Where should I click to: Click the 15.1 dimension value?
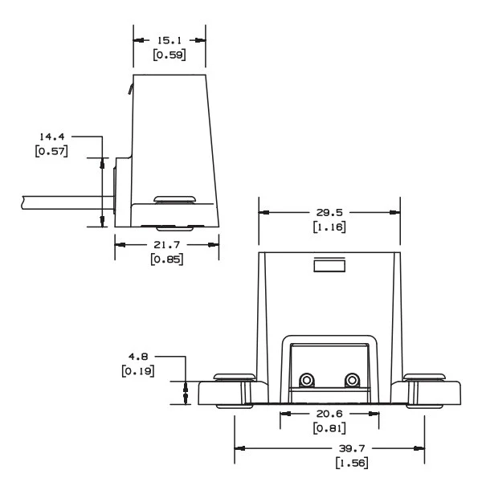169,39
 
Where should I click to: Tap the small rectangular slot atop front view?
329,266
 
